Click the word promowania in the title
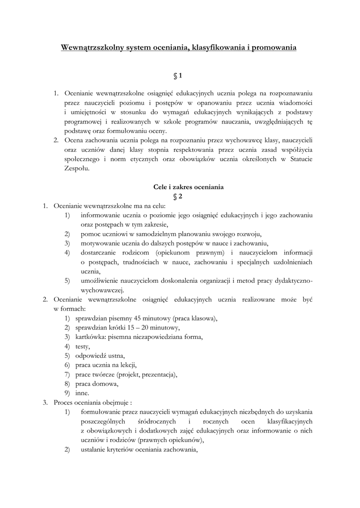click(x=274, y=48)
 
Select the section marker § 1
click(x=178, y=75)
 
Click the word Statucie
click(x=300, y=159)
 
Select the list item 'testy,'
click(x=82, y=346)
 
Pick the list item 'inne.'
click(x=82, y=393)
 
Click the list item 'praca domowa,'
click(x=97, y=383)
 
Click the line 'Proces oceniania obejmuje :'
click(x=93, y=402)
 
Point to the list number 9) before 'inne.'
click(x=67, y=393)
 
